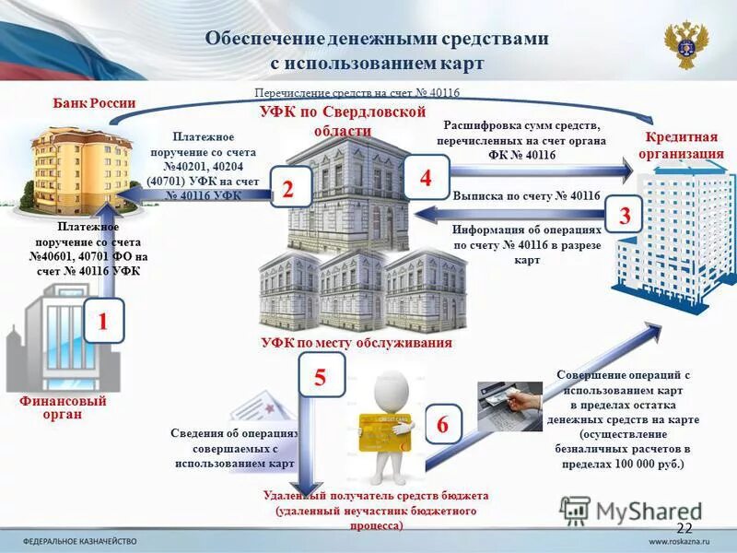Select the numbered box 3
(x=624, y=218)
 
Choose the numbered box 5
(x=320, y=377)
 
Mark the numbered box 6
(x=442, y=425)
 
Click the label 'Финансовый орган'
(x=63, y=407)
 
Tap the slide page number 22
(x=684, y=527)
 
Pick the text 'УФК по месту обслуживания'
(x=356, y=343)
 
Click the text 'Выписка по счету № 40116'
(x=526, y=196)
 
